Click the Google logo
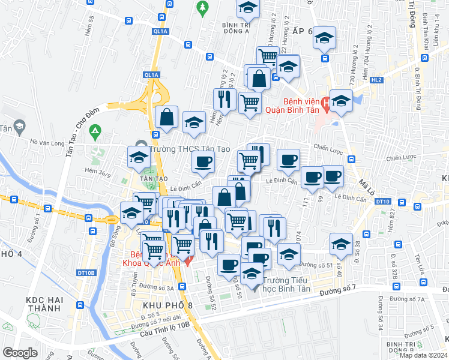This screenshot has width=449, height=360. tap(20, 352)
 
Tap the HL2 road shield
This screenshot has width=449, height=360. tap(376, 79)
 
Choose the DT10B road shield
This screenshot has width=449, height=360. tap(86, 273)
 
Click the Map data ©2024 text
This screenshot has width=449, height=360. tap(424, 355)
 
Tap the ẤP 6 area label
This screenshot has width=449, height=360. tap(302, 31)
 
